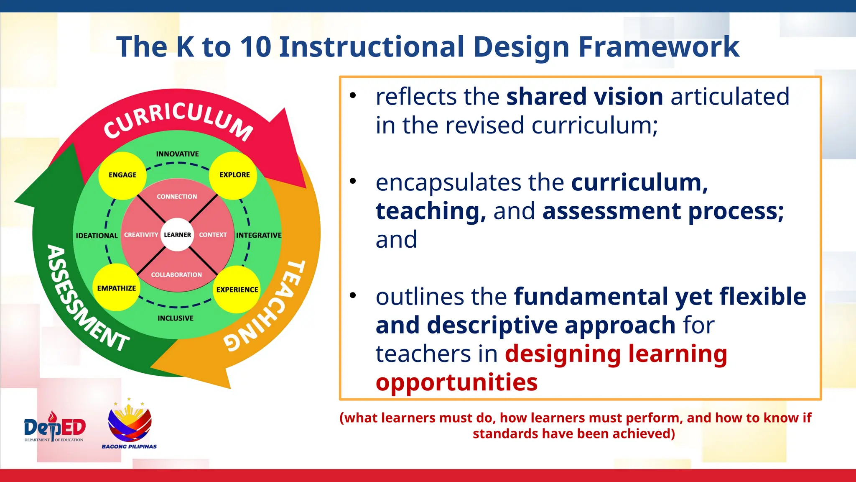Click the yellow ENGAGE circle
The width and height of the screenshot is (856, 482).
(122, 175)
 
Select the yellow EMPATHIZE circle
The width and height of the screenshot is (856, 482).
(116, 288)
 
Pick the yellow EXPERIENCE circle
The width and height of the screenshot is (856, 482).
(237, 289)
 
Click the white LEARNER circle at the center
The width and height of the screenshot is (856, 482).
(177, 235)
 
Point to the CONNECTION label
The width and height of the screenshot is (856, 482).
(177, 197)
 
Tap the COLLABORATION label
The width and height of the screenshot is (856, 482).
(176, 275)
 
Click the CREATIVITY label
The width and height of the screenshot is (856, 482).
(141, 235)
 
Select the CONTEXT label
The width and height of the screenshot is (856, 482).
(213, 235)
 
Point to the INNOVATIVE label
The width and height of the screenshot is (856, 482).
(177, 154)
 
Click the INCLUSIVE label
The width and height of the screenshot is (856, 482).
(176, 318)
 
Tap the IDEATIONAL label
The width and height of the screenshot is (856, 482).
(97, 236)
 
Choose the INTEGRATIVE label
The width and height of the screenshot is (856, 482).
(259, 236)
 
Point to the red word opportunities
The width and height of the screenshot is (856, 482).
(456, 382)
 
